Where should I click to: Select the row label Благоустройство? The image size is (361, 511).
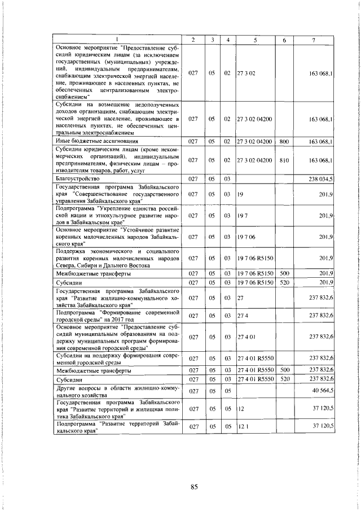point(76,178)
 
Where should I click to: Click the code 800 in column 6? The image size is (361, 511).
point(284,141)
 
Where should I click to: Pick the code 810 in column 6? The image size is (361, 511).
point(284,160)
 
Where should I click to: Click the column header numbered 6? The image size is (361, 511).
point(284,40)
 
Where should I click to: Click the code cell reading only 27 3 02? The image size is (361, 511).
point(247,74)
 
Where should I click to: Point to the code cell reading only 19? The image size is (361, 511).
point(240,194)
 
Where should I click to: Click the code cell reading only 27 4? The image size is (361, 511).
point(243,315)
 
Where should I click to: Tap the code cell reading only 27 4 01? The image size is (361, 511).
point(247,337)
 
